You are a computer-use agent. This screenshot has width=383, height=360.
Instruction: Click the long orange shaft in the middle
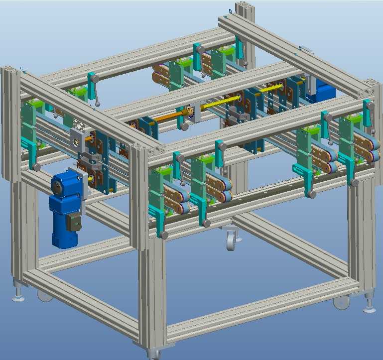(169, 117)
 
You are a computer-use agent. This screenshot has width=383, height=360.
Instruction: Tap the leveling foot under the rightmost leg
(370, 307)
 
